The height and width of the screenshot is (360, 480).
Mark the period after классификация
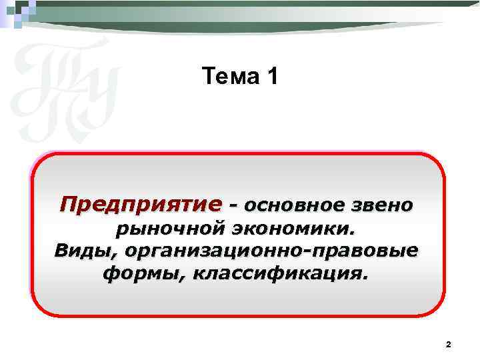pyautogui.click(x=365, y=277)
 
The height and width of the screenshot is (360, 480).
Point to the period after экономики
pyautogui.click(x=353, y=233)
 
